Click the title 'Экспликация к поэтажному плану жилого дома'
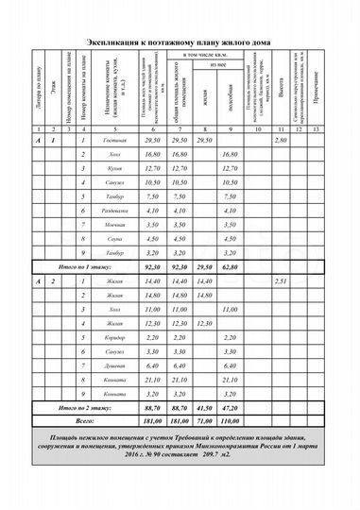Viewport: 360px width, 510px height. [x=180, y=42]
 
